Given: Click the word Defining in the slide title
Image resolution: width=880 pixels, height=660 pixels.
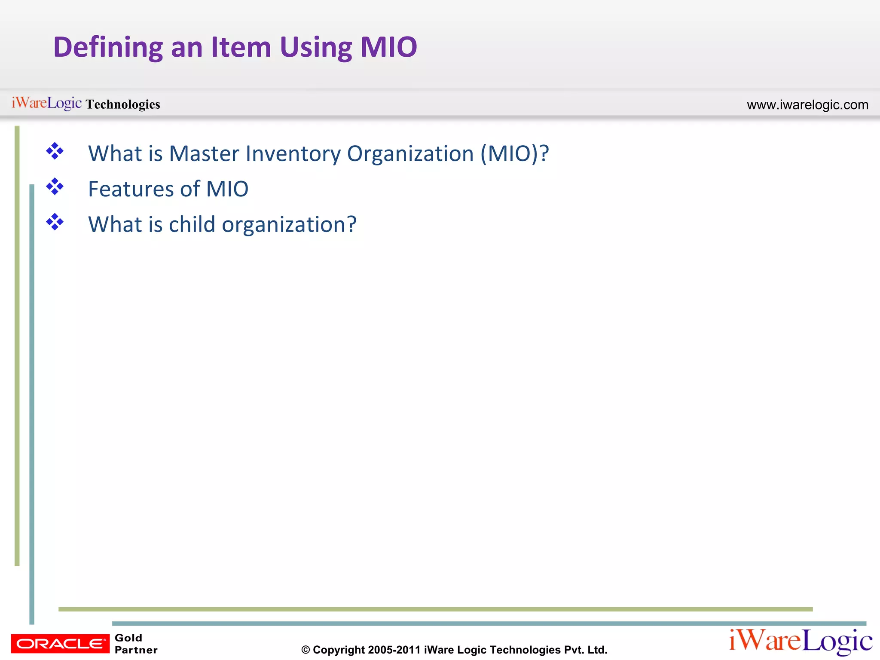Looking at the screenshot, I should tap(107, 47).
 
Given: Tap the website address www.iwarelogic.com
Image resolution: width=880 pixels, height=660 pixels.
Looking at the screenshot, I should tap(807, 105).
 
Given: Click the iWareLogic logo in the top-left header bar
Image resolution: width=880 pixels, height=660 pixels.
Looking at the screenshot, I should tap(46, 103).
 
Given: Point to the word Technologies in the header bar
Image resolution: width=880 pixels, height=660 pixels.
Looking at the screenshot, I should tap(123, 104).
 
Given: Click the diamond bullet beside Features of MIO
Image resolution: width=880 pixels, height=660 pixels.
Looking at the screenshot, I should tap(55, 187).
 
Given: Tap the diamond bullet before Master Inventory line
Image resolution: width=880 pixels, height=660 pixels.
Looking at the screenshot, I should tap(55, 151).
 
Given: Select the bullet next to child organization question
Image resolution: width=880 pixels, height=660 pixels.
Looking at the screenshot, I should tap(55, 222).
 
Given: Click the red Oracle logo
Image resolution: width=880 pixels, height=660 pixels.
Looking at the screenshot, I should tap(60, 643).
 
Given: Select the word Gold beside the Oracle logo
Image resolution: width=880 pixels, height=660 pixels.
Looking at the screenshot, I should tap(128, 638).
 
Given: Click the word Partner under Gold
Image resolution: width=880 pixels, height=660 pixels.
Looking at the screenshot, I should tap(136, 650).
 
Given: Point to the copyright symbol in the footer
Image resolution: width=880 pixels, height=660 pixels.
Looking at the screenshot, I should tap(306, 650).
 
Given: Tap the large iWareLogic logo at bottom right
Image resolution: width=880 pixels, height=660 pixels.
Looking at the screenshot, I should tap(800, 642).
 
